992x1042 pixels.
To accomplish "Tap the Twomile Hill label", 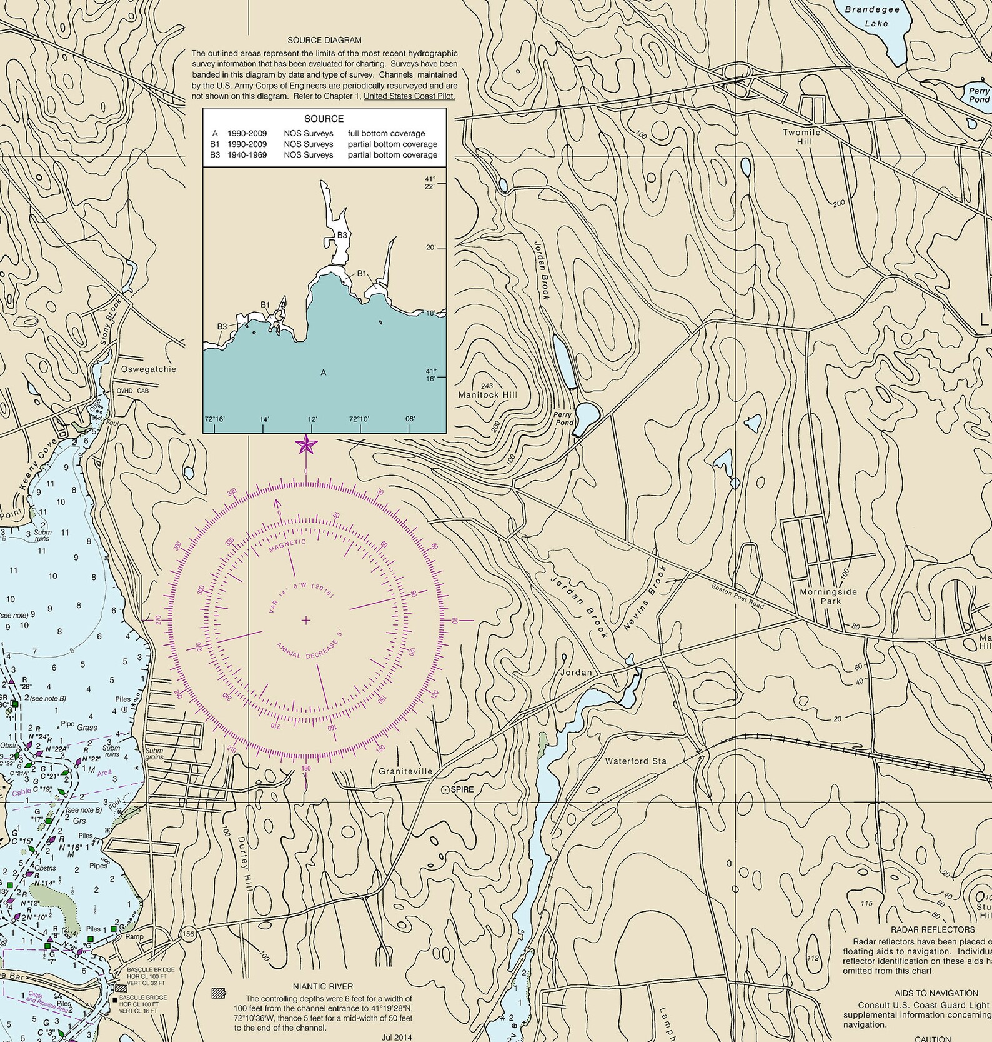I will tap(801, 137).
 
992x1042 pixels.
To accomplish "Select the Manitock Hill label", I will tap(487, 394).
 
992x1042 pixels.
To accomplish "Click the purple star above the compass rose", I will tap(306, 445).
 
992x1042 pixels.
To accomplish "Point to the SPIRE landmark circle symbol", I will tap(445, 790).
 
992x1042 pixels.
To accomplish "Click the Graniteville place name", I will tap(405, 771).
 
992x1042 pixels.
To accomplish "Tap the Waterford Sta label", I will tap(635, 761).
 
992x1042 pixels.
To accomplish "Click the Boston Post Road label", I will tap(737, 596).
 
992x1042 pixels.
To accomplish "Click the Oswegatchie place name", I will tap(149, 369).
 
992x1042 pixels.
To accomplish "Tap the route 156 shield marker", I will tap(189, 934).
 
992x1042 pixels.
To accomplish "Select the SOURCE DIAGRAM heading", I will tap(324, 40).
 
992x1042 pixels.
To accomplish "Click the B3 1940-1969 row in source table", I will tap(324, 155).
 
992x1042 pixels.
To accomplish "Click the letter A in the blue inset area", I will tap(323, 373).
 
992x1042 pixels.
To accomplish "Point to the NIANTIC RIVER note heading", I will tap(322, 986).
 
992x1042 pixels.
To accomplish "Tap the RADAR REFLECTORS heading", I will tap(932, 929).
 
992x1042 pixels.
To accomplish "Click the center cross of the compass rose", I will tap(306, 620).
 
